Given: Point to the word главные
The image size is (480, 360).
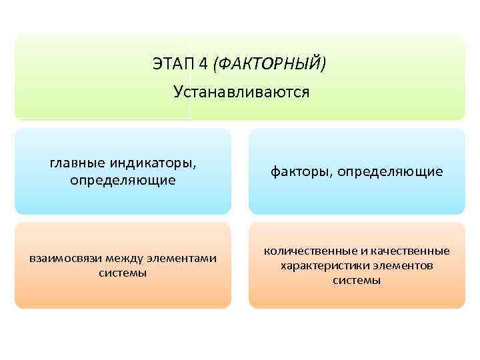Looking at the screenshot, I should pyautogui.click(x=74, y=163).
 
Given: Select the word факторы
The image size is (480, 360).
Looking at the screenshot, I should pyautogui.click(x=301, y=172).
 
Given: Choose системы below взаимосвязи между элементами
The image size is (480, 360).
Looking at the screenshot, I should pyautogui.click(x=123, y=273).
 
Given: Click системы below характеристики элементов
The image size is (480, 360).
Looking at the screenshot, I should pyautogui.click(x=357, y=281).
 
